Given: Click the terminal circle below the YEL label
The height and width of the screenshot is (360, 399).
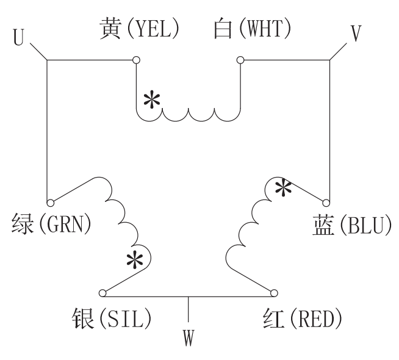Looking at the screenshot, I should click(x=135, y=60).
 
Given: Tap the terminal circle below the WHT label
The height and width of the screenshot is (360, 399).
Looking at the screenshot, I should click(x=240, y=60).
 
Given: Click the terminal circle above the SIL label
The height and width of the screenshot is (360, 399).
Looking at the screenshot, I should click(x=102, y=292).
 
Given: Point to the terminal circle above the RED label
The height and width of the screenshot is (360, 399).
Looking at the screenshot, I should click(x=273, y=292).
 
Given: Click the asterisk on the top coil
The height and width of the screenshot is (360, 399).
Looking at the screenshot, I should click(x=151, y=99).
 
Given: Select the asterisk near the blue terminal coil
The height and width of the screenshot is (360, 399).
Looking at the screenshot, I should click(x=281, y=187).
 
